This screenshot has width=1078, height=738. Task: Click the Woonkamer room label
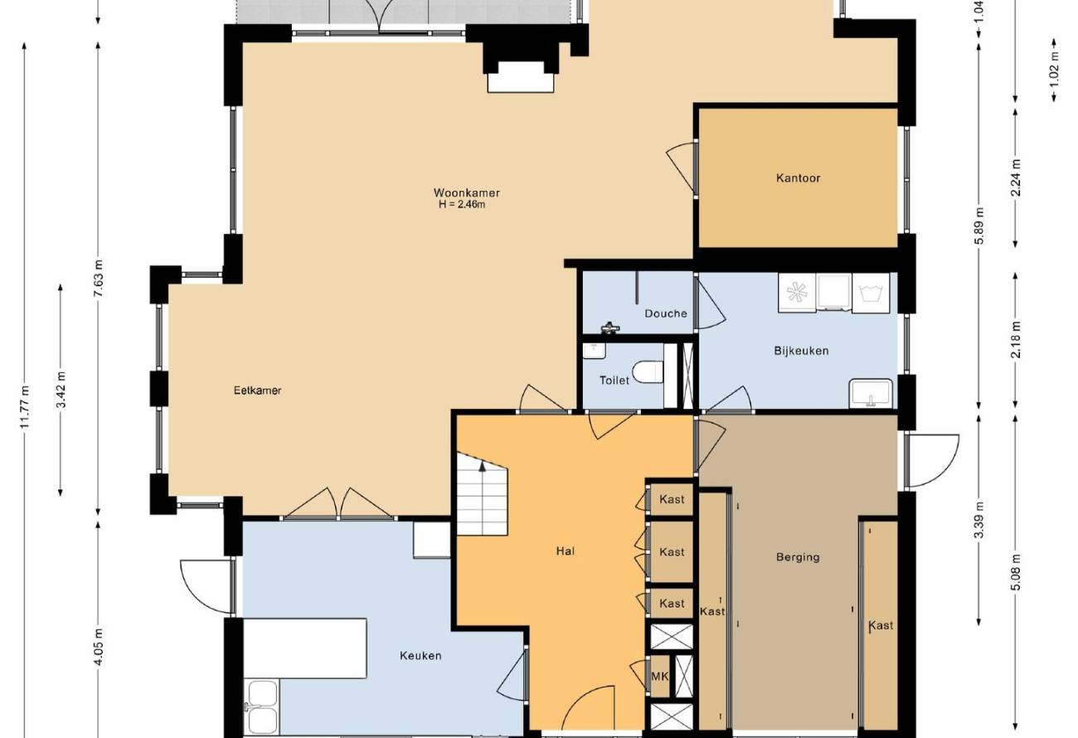click(x=466, y=193)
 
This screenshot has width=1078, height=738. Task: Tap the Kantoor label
click(x=798, y=178)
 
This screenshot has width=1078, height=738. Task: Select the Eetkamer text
click(x=257, y=391)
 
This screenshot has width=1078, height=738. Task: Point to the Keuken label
click(x=420, y=656)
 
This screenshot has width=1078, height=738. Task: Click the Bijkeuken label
click(x=801, y=351)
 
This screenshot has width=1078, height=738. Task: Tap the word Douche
click(x=666, y=313)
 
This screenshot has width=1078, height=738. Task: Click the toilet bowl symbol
click(x=648, y=372)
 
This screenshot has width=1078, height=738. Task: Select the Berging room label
click(x=798, y=557)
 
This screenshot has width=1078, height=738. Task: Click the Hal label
click(x=565, y=551)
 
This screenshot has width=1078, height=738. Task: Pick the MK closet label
click(x=660, y=677)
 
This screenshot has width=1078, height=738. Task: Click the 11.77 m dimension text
click(x=25, y=406)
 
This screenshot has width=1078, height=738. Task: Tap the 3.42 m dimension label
click(x=61, y=390)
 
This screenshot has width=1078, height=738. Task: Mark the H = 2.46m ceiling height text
click(x=462, y=205)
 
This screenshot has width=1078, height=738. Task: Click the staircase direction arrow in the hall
click(x=483, y=464)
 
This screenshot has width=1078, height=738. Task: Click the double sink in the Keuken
click(x=262, y=707)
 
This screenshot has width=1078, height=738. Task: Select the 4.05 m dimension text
click(x=99, y=647)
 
